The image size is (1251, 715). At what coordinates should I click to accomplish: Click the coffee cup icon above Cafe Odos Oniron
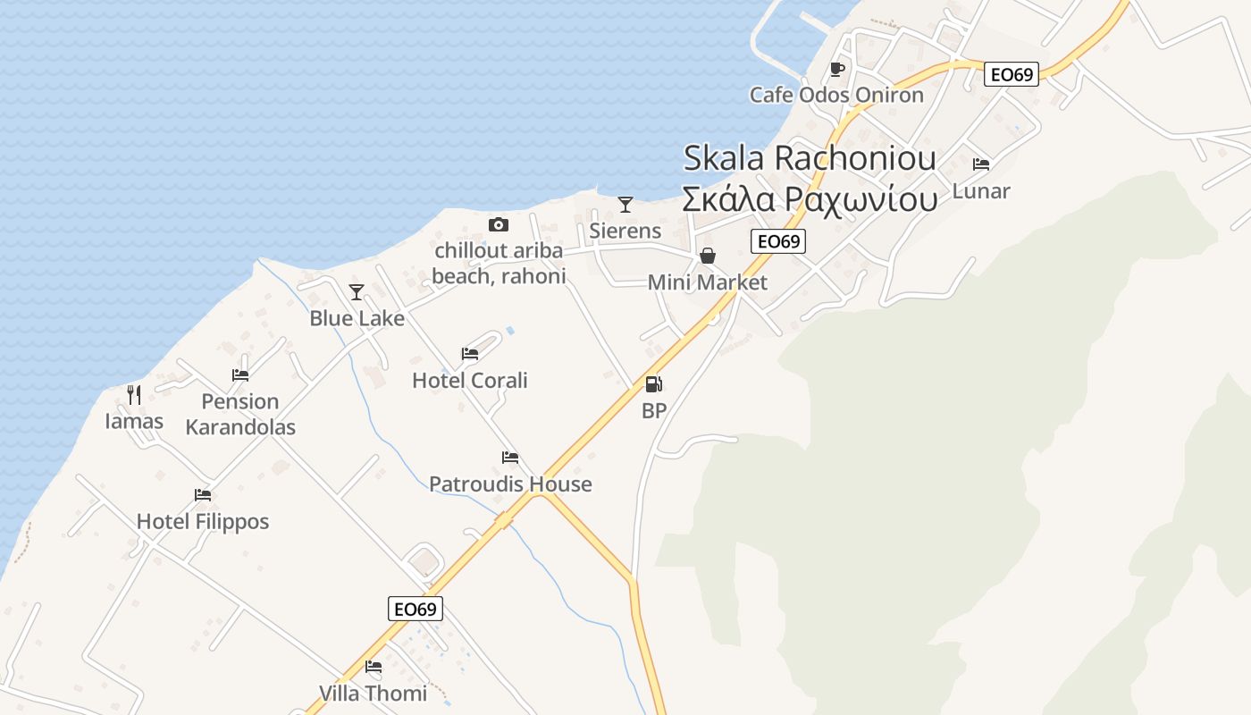(837, 69)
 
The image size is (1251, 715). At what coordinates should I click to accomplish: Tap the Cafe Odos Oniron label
(836, 95)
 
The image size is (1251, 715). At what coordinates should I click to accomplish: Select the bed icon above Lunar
(981, 164)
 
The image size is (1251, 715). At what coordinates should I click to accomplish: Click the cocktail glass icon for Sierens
(625, 205)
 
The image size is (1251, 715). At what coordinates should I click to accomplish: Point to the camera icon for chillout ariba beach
(499, 224)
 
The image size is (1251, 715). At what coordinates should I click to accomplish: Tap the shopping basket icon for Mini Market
(708, 257)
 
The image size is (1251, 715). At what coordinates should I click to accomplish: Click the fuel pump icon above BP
(654, 384)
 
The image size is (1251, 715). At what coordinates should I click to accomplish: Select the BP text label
(654, 411)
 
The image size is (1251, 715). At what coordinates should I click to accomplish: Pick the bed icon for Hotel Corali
(470, 354)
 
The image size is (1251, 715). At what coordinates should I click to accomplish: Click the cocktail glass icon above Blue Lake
(357, 291)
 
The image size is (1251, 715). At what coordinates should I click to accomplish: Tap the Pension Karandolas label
(240, 415)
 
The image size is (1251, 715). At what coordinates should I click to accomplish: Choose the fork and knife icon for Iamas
(134, 394)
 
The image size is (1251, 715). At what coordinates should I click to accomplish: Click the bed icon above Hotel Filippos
(203, 495)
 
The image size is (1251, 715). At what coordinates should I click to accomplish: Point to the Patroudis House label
(510, 484)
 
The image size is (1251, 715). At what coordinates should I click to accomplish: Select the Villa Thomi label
(373, 694)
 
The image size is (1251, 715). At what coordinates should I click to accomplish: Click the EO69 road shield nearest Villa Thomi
(416, 610)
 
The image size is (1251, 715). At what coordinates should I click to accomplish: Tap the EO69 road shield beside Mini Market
(777, 241)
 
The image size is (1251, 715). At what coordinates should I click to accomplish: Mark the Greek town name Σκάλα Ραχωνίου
(810, 199)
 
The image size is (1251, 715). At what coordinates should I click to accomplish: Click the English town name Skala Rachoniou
(810, 158)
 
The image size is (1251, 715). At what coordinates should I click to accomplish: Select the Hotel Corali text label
(470, 381)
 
